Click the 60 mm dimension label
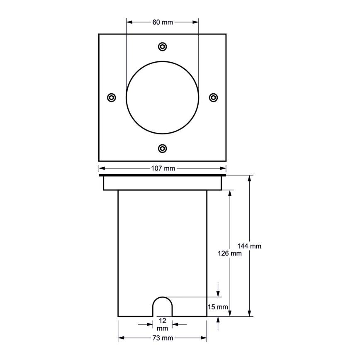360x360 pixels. pyautogui.click(x=163, y=22)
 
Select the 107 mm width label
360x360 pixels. pyautogui.click(x=163, y=168)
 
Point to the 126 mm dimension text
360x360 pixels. pyautogui.click(x=229, y=253)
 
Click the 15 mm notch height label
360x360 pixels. pyautogui.click(x=218, y=307)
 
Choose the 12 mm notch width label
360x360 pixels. pyautogui.click(x=163, y=324)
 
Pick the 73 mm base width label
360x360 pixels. pyautogui.click(x=163, y=338)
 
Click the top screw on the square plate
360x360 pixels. pyautogui.click(x=163, y=46)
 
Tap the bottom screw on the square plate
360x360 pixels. pyautogui.click(x=163, y=148)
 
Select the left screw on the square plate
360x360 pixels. pyautogui.click(x=111, y=97)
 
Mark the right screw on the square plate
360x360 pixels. pyautogui.click(x=214, y=97)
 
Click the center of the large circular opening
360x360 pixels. pyautogui.click(x=163, y=97)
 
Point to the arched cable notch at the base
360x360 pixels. pyautogui.click(x=163, y=307)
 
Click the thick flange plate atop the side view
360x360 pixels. pyautogui.click(x=163, y=176)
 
